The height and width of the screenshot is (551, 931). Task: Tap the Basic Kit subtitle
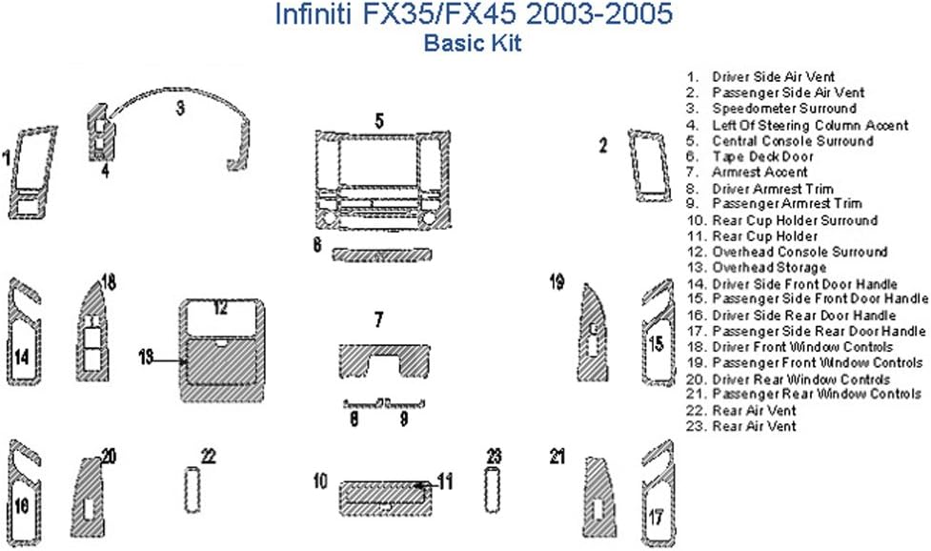coord(472,44)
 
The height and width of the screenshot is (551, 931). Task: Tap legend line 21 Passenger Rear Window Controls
coord(803,394)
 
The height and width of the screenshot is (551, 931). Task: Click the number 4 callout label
coord(105,171)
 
